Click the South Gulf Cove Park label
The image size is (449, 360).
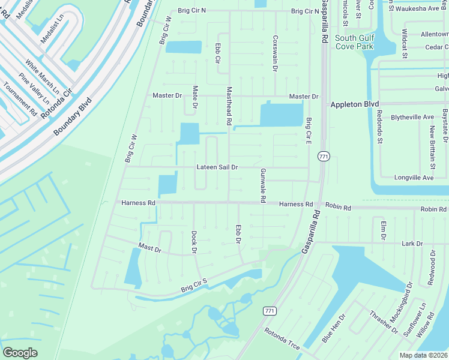tap(354, 42)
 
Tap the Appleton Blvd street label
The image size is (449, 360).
tap(355, 104)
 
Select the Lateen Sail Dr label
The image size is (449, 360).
tap(217, 167)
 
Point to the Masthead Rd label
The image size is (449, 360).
tap(229, 106)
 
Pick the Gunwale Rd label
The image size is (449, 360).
tap(262, 185)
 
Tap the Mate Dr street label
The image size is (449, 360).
tap(195, 98)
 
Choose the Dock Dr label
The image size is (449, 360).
tap(194, 242)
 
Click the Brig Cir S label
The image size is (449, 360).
tap(194, 286)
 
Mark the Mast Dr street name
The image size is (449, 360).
tap(149, 248)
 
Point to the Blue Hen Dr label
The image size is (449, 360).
tap(334, 328)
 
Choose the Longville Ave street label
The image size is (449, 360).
tap(414, 178)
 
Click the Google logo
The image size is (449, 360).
tap(20, 352)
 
